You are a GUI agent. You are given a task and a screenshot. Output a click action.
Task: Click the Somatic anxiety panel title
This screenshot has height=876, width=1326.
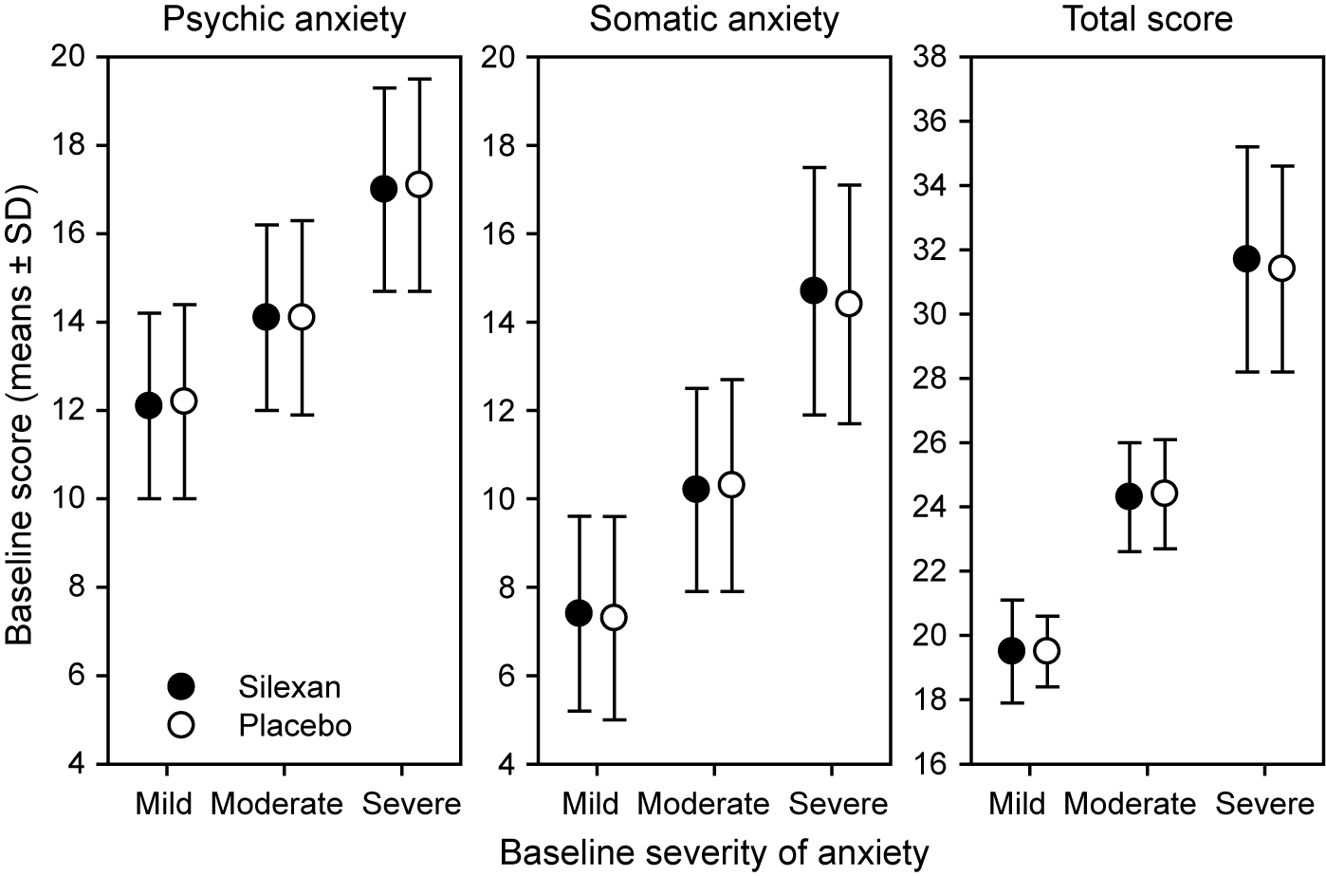coord(714,19)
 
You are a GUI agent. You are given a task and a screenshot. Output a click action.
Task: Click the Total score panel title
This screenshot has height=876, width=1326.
coord(1148,19)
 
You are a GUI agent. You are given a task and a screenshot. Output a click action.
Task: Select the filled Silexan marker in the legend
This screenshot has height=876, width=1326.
coord(180,685)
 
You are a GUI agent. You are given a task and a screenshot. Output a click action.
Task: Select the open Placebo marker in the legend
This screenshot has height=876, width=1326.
coord(180,725)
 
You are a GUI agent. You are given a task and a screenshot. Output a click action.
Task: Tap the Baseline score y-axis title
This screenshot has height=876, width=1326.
coord(21,410)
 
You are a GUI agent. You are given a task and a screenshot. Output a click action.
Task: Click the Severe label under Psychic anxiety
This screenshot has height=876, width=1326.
coord(412,805)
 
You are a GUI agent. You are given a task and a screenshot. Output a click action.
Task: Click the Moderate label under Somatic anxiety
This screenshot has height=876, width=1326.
coord(704,805)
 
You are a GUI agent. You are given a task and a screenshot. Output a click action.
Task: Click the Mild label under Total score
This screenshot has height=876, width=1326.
coord(1017,805)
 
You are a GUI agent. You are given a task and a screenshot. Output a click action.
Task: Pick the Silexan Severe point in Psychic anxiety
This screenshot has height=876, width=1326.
coord(384,189)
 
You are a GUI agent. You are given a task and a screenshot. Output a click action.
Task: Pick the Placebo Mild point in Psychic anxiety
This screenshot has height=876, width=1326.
coord(184,401)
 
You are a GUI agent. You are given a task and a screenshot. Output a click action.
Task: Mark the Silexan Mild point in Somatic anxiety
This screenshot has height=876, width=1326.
coord(579,613)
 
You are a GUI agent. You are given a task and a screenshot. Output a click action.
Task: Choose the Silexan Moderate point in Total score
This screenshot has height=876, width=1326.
coord(1129,496)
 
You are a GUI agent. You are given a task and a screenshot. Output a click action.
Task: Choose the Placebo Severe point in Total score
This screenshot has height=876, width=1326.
coord(1281,269)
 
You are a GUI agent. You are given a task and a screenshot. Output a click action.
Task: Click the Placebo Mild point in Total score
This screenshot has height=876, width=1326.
coord(1047,651)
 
